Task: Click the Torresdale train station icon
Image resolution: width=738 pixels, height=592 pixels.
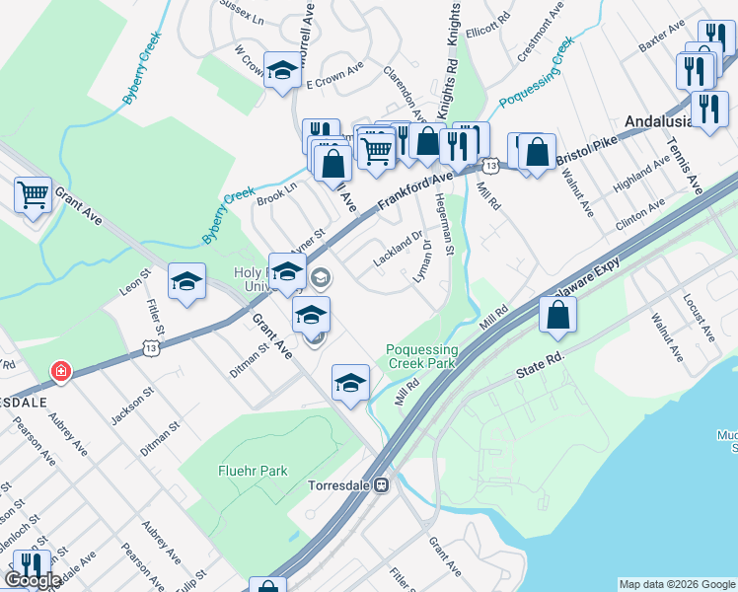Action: pyautogui.click(x=391, y=485)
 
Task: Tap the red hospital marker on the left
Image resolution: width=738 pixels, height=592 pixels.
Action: pyautogui.click(x=61, y=372)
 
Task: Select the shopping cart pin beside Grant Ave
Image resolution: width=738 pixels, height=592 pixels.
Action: pyautogui.click(x=33, y=193)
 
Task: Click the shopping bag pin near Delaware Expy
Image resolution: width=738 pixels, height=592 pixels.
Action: pyautogui.click(x=557, y=314)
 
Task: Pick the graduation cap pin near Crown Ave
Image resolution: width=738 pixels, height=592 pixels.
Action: pyautogui.click(x=282, y=69)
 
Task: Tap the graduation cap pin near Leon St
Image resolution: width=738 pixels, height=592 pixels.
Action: pyautogui.click(x=186, y=281)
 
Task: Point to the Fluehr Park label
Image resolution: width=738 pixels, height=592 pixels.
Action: pyautogui.click(x=253, y=471)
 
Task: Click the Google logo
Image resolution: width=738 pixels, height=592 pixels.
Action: pyautogui.click(x=33, y=580)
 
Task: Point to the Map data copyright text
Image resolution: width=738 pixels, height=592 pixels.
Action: pyautogui.click(x=677, y=584)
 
